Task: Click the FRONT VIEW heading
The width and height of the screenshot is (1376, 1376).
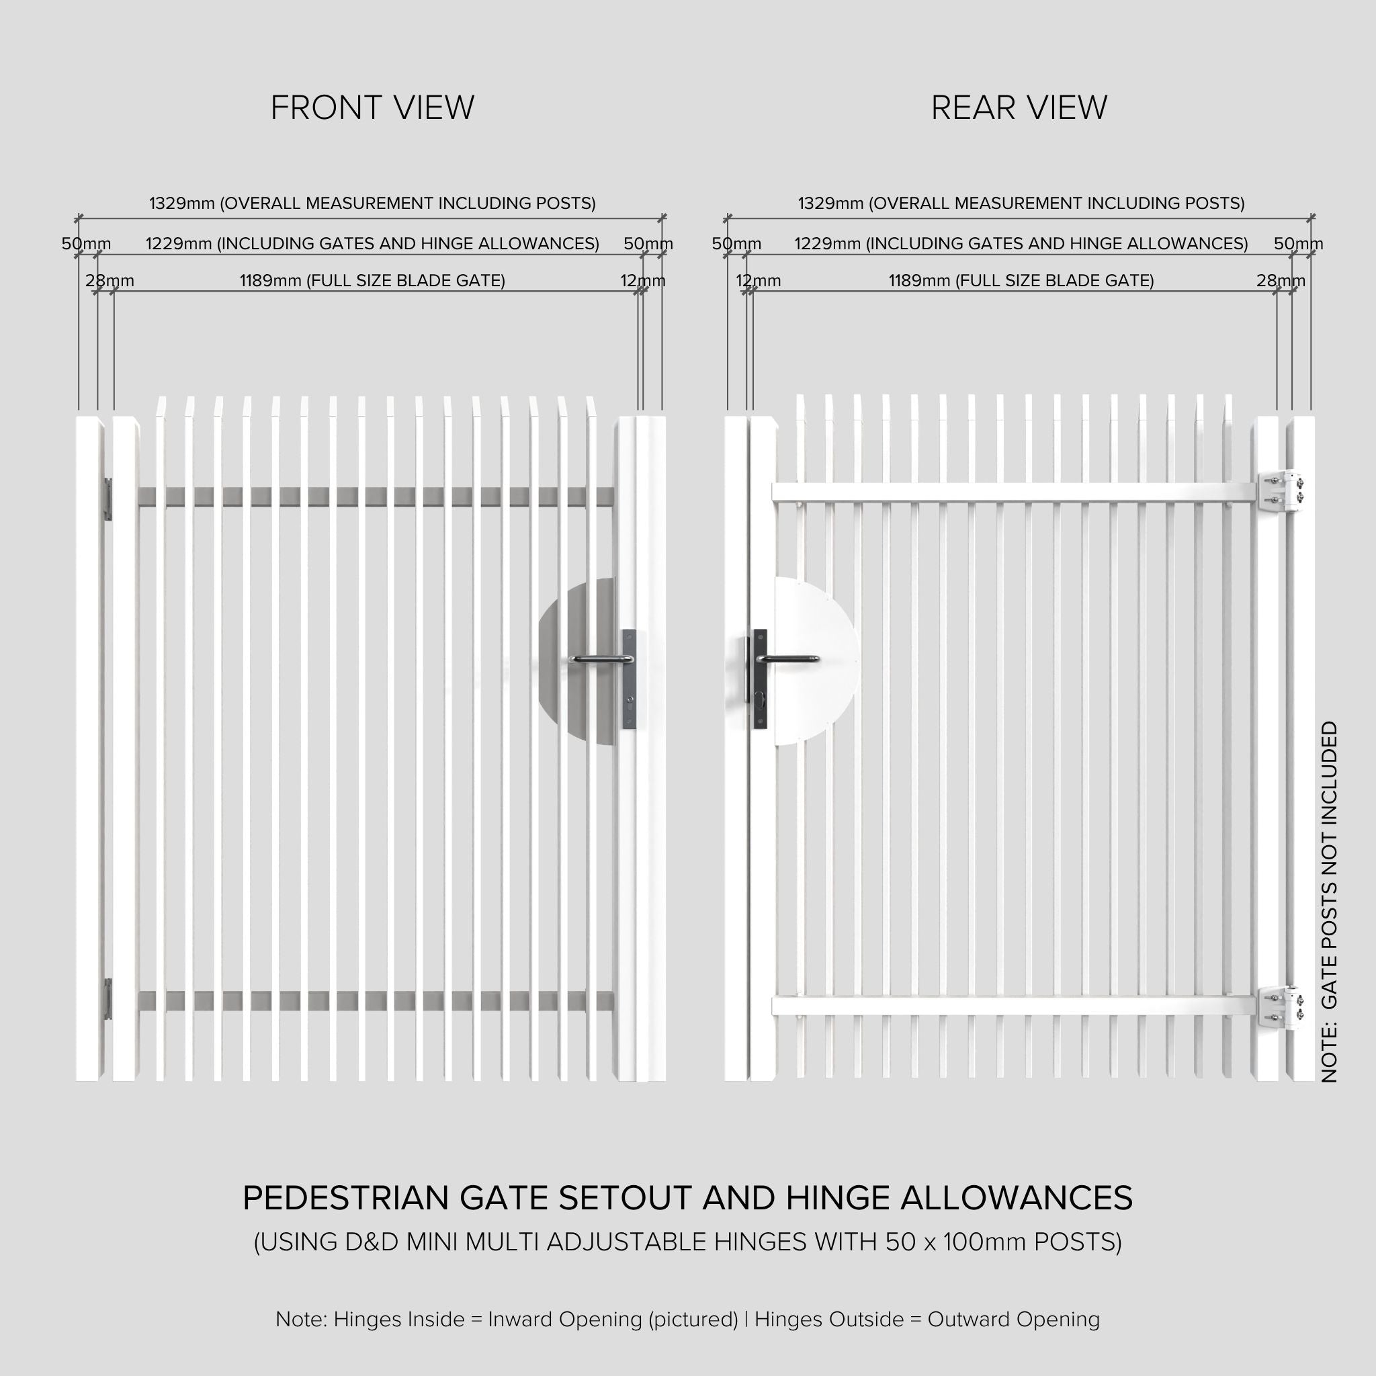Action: pos(372,108)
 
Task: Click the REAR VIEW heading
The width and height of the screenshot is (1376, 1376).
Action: pos(1019,108)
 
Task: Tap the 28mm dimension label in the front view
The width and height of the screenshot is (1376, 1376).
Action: pos(110,281)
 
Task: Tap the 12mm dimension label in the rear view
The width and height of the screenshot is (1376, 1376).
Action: pos(758,281)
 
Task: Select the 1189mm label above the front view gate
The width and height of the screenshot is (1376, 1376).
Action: pos(372,281)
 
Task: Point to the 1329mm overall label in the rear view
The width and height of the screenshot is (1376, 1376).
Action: pos(1021,204)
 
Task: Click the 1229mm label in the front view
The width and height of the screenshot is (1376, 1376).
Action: pos(372,244)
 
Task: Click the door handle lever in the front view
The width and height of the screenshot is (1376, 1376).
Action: pos(600,660)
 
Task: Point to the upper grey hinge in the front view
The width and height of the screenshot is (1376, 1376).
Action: pos(108,499)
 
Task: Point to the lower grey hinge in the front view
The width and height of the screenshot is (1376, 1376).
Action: pos(108,998)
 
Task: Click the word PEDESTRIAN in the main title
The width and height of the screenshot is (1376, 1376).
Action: pos(347,1199)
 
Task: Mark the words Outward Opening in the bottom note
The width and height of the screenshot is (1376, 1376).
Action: pos(1013,1319)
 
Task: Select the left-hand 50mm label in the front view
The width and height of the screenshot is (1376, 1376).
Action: pos(85,244)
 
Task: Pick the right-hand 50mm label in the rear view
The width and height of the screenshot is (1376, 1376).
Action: pos(1297,244)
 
